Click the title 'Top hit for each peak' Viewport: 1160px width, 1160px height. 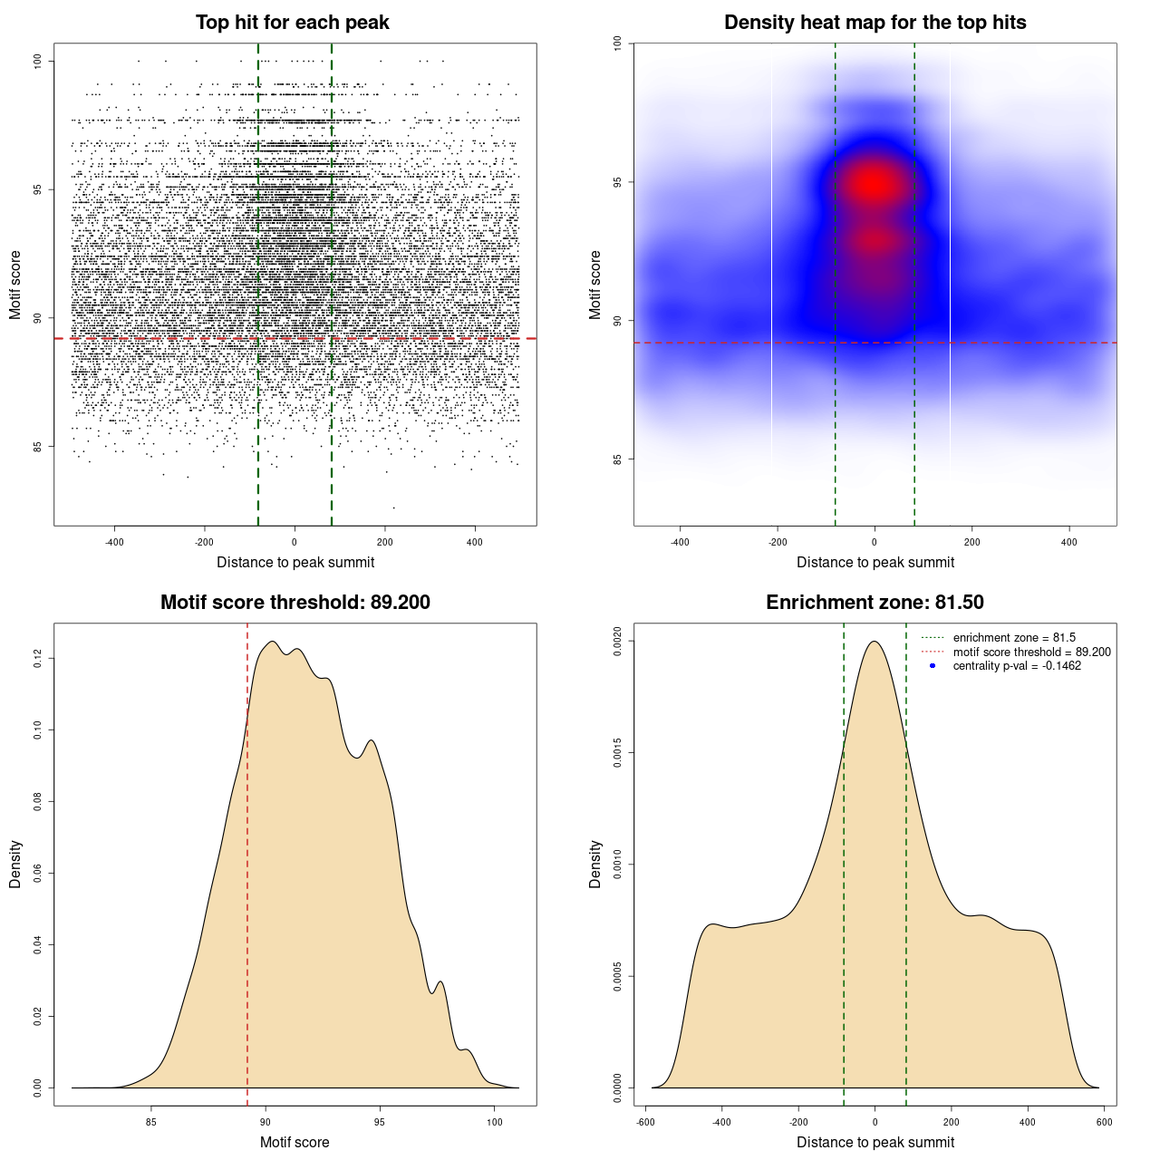(x=292, y=23)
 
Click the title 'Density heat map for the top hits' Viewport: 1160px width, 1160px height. (x=875, y=23)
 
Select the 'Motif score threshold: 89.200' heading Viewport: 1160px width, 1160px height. (x=295, y=603)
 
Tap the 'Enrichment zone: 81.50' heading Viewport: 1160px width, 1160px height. (x=875, y=603)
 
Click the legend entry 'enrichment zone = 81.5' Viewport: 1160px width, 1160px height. (x=1014, y=638)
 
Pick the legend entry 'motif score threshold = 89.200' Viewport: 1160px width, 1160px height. (x=1031, y=652)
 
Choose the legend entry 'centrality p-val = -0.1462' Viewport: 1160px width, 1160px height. (x=1017, y=666)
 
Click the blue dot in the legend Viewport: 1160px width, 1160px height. (x=933, y=666)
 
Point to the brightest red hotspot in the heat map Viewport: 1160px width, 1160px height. (x=873, y=184)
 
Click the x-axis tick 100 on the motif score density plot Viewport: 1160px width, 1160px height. (x=494, y=1122)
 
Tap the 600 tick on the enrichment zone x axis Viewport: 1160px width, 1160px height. (x=1104, y=1122)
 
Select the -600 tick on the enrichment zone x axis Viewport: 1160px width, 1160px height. (x=645, y=1122)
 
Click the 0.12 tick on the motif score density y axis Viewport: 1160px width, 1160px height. (x=37, y=658)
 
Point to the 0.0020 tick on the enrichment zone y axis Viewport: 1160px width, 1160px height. (x=617, y=642)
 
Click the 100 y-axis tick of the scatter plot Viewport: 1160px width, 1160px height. (x=37, y=61)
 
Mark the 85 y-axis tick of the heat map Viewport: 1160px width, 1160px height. (x=617, y=459)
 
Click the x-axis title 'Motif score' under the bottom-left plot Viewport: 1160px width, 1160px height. (x=295, y=1142)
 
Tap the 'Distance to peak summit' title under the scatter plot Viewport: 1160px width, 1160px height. (x=295, y=562)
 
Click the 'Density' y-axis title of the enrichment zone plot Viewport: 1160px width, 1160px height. (x=595, y=864)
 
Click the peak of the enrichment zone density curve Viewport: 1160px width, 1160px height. (x=875, y=642)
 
